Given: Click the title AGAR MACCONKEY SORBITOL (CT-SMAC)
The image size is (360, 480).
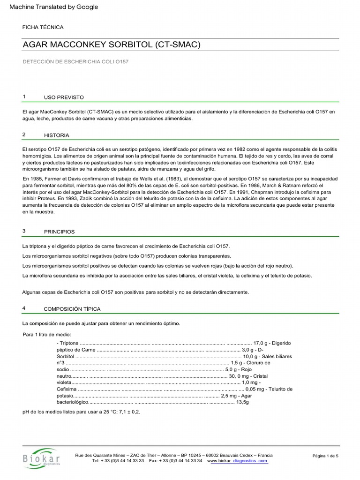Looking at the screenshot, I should click(x=112, y=45).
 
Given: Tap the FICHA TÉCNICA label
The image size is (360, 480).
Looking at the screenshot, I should click(x=43, y=28).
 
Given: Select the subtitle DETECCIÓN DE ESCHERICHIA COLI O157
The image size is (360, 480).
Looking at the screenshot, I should click(x=75, y=62).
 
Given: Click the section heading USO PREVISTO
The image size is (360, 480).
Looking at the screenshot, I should click(x=64, y=97).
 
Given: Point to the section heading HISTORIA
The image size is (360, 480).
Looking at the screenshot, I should click(x=56, y=135).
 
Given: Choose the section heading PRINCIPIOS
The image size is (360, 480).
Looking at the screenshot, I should click(x=59, y=232).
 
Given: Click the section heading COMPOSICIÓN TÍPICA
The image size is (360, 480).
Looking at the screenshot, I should click(x=72, y=309).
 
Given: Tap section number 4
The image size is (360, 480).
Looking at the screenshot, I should click(x=24, y=308).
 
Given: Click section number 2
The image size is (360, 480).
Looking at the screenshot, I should click(x=24, y=135).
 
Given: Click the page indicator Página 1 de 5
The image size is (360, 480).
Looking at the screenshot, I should click(x=325, y=456).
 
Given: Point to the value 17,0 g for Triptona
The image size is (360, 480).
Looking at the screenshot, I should click(x=261, y=343).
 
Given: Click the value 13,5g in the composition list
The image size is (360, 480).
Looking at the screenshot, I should click(x=243, y=402).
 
